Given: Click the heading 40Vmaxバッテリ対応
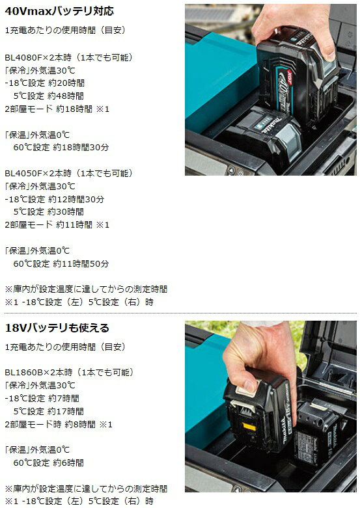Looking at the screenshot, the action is pyautogui.click(x=59, y=11).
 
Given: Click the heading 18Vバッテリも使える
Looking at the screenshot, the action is pyautogui.click(x=57, y=328).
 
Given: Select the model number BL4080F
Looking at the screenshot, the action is pyautogui.click(x=23, y=58).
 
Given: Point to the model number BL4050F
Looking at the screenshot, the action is pyautogui.click(x=23, y=173).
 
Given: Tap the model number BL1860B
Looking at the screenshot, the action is pyautogui.click(x=24, y=372).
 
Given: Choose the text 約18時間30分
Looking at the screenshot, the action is pyautogui.click(x=81, y=148).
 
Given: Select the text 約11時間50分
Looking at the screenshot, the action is pyautogui.click(x=81, y=263).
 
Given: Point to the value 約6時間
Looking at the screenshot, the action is pyautogui.click(x=68, y=462).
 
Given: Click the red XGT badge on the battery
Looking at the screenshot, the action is pyautogui.click(x=290, y=77).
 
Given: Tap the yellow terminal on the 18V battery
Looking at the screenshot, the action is pyautogui.click(x=249, y=427).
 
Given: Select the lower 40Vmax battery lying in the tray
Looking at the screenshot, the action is pyautogui.click(x=264, y=136).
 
